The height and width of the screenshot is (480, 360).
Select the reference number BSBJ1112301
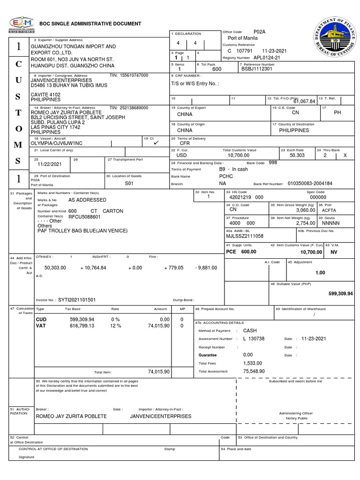click(x=256, y=68)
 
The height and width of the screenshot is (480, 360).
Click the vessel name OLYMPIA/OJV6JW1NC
click(x=56, y=142)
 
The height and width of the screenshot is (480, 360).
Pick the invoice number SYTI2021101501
click(x=77, y=300)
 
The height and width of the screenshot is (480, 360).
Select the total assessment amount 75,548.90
click(x=254, y=371)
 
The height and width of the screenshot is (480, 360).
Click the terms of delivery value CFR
click(x=185, y=144)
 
